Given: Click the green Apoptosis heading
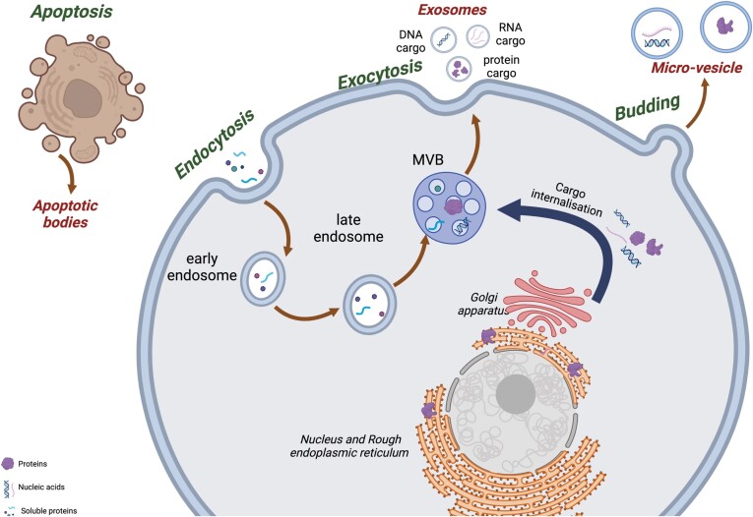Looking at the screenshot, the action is point(72,11).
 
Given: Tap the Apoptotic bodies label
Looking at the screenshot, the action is point(65,214).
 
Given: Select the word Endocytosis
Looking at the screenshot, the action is point(215,144).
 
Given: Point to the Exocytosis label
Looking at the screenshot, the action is point(380,75).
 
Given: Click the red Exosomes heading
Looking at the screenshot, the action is point(452,10).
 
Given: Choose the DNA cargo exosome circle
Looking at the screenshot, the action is point(443,39).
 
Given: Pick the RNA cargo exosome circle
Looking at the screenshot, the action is point(478,36).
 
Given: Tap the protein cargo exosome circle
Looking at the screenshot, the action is point(459,69).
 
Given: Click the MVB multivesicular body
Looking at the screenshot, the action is point(450,207).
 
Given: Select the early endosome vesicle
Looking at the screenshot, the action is point(263,278).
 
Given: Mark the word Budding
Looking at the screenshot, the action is point(648,107).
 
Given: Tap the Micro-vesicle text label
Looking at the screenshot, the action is point(696,68).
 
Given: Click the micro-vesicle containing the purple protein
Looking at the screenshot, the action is point(725,27).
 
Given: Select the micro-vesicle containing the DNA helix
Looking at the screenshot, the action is point(657,33).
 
